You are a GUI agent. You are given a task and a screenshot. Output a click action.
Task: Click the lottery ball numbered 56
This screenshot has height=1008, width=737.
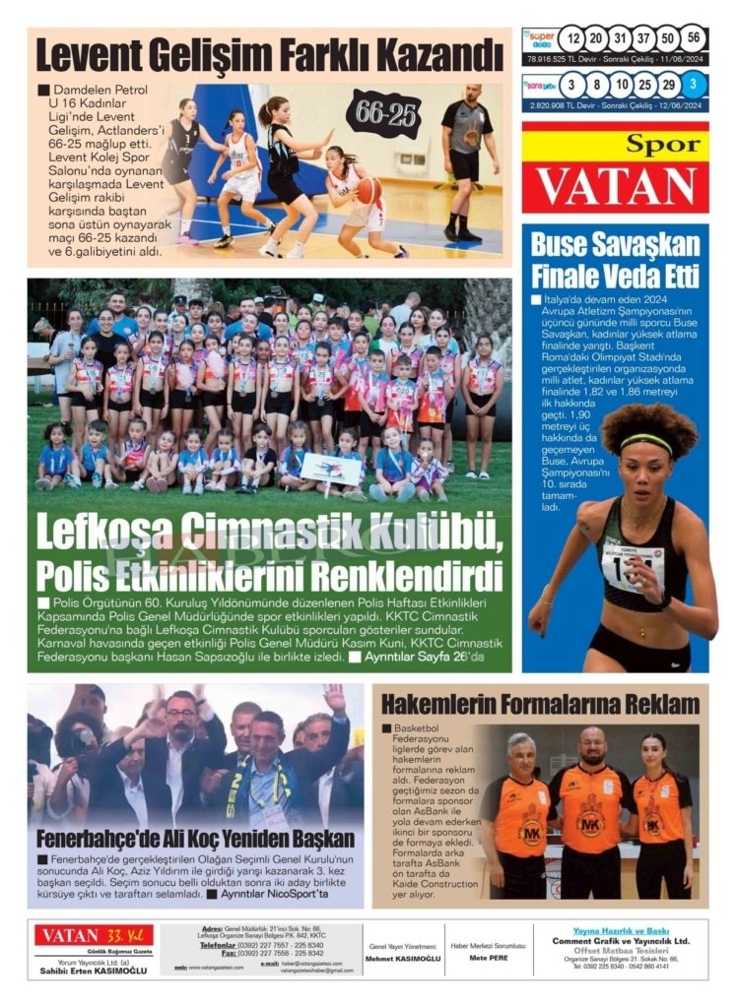pos(694,39)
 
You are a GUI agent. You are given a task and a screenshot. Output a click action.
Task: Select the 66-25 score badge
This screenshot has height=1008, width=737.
pos(383,113)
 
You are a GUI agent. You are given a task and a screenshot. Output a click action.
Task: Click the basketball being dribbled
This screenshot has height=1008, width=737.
pos(369,190)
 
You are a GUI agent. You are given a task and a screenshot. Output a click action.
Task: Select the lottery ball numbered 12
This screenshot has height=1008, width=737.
pos(571,39)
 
